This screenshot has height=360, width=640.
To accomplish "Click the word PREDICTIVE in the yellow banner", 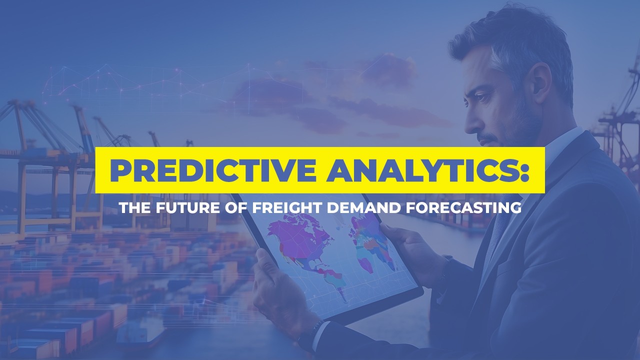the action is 213,170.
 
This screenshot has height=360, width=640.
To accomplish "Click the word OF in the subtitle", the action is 235,207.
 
